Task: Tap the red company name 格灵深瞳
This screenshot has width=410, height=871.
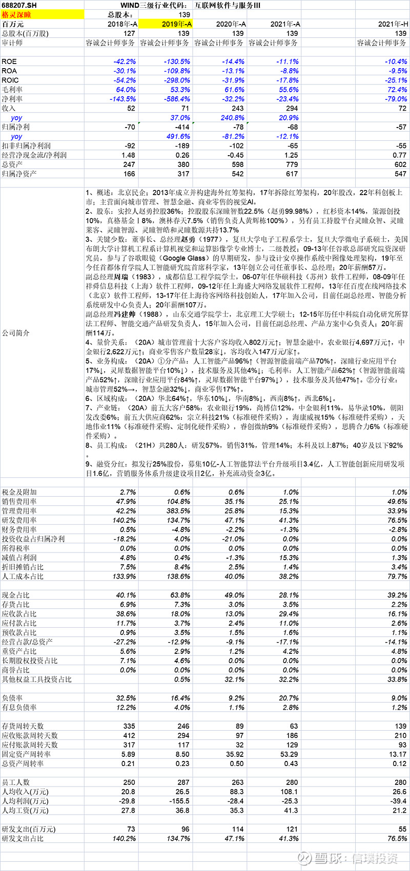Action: click(16, 15)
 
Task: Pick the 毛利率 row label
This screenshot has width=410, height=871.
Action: click(12, 90)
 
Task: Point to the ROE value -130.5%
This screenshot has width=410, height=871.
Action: click(177, 61)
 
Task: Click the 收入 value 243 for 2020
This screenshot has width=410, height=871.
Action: click(238, 108)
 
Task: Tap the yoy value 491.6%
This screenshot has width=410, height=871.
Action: click(177, 136)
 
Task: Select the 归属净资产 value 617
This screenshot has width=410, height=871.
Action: click(292, 174)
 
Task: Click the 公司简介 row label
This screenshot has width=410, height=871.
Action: click(16, 333)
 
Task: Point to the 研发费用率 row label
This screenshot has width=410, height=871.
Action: click(19, 520)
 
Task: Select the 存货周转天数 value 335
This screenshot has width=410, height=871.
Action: click(129, 726)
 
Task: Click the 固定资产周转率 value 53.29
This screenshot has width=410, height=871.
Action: click(290, 754)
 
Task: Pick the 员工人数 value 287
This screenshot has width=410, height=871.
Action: click(183, 782)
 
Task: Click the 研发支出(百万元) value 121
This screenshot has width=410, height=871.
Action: click(292, 829)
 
